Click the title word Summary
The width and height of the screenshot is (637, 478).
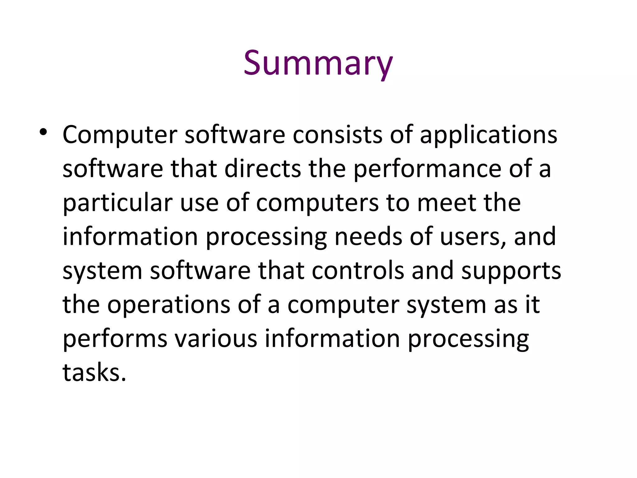click(x=318, y=63)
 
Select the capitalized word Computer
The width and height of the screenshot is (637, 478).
click(x=120, y=135)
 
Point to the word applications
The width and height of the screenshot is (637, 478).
click(x=488, y=135)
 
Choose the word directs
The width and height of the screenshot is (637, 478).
click(x=263, y=169)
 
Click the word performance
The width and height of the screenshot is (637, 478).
click(x=427, y=169)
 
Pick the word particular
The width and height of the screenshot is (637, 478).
click(x=118, y=203)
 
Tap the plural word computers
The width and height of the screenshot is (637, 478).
click(x=317, y=203)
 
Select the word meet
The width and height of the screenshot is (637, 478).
click(x=446, y=203)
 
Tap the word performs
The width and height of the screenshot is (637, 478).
click(x=115, y=339)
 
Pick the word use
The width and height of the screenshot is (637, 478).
click(x=199, y=203)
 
